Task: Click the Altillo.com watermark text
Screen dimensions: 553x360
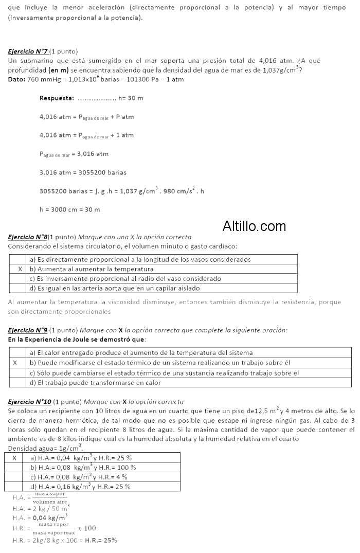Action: click(254, 226)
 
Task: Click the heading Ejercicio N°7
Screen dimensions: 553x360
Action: click(28, 51)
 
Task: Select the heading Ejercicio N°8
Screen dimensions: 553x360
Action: click(28, 237)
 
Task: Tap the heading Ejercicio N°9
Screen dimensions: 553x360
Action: click(28, 330)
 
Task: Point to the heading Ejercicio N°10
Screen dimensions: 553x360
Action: click(30, 401)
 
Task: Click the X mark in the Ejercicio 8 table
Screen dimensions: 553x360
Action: click(20, 269)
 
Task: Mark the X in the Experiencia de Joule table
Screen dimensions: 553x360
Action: click(15, 363)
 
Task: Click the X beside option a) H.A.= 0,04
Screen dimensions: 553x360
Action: click(14, 457)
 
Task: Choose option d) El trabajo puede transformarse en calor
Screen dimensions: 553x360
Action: click(95, 382)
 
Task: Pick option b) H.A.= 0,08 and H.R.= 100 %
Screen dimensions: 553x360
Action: click(83, 467)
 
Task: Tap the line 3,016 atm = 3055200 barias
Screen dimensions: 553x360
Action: click(83, 172)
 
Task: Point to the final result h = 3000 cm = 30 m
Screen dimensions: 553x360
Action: click(69, 209)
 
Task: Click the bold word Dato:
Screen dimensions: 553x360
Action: click(17, 80)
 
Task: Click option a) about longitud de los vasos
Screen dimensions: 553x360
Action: click(140, 260)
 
